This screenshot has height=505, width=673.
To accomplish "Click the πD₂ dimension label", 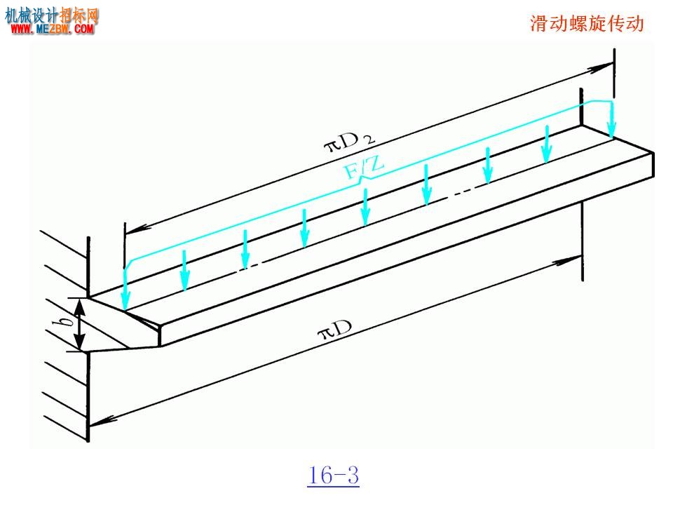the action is pos(349,141).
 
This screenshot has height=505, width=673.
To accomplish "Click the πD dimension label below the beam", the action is pos(335,329).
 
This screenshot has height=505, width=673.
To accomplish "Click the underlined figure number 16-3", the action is pos(333,476).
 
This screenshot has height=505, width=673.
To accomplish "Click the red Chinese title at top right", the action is pos(587,23).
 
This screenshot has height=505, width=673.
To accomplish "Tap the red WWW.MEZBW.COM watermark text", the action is pos(53,29).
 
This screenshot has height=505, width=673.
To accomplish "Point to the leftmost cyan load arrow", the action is pos(125,288).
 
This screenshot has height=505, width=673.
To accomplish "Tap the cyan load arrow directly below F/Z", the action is pos(365,207).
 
